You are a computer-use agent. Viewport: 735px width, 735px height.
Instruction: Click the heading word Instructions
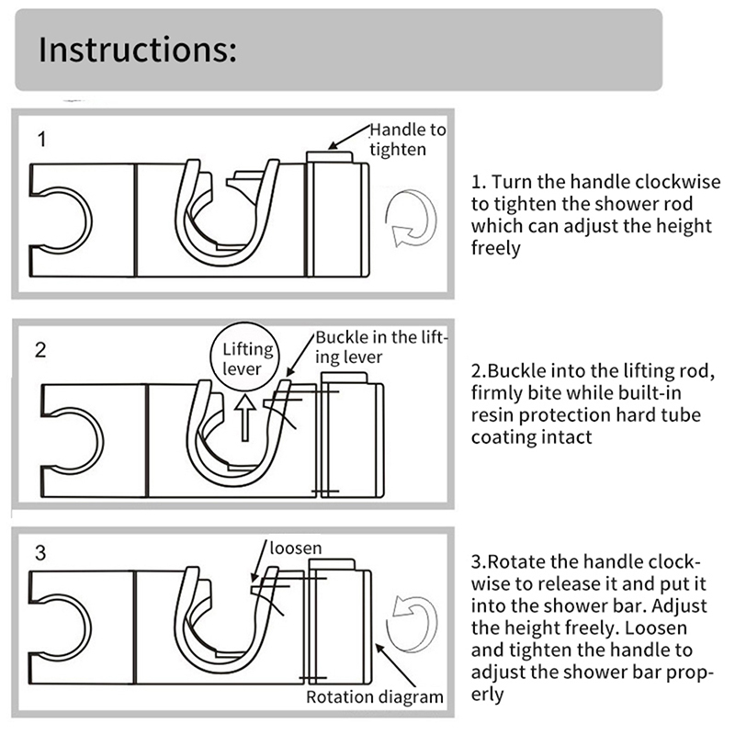[138, 50]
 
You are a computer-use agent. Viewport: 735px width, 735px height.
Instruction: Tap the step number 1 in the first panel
[42, 141]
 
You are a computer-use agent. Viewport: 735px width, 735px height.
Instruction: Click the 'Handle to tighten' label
[407, 140]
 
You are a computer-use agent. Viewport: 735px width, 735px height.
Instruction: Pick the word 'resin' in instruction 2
[493, 416]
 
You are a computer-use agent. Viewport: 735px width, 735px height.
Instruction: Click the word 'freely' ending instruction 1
[496, 248]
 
